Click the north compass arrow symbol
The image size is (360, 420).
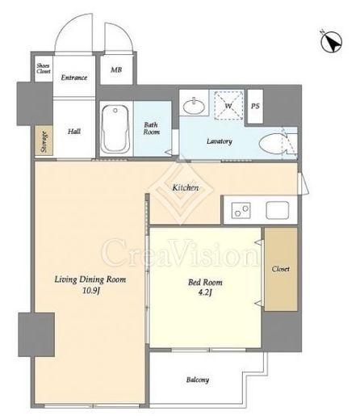pos(331,42)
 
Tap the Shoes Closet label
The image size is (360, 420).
pos(44,69)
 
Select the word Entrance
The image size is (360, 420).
pos(74,78)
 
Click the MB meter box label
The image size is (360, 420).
pos(116,69)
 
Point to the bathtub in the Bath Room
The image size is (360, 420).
pos(115,129)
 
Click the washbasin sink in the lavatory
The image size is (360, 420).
pos(194,106)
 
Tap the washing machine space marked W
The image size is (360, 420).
pos(228,105)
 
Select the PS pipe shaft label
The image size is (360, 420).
pos(255,106)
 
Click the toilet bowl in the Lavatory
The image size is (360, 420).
pos(272,144)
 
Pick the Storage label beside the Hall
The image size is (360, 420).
pos(44,141)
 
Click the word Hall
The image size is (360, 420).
pos(74,132)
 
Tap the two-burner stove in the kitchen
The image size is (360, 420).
pos(241,211)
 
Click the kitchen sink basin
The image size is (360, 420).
pos(278,210)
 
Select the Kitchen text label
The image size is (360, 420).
pos(186,187)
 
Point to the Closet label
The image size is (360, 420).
pos(281,269)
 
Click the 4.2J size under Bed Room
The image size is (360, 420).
pos(205,292)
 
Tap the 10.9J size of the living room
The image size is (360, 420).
pos(91,291)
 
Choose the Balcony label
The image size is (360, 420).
pos(198,380)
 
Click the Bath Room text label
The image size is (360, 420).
pos(152,128)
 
